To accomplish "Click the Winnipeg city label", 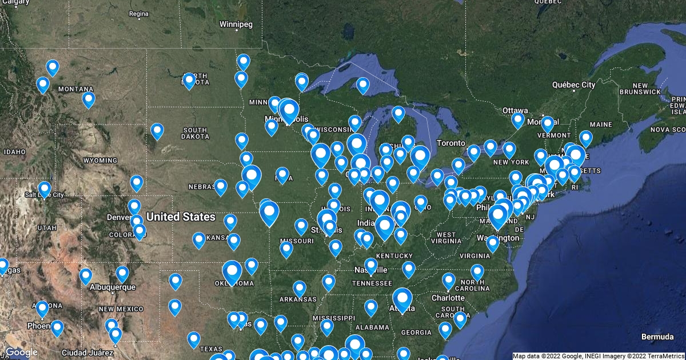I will (x=236, y=24).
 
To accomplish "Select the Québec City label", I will (x=573, y=85).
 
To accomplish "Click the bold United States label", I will (x=181, y=217).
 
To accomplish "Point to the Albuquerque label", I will (x=113, y=287).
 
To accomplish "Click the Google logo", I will (x=21, y=353).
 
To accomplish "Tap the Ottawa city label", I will (x=514, y=110).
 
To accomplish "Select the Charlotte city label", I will (x=448, y=298).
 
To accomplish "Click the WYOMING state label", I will (x=100, y=161).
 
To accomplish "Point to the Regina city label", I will (x=139, y=14).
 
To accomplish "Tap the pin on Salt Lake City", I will (x=45, y=189).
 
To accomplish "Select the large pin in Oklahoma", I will (x=232, y=271).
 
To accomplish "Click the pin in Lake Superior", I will (x=363, y=85).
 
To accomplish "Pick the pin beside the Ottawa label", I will (x=518, y=120).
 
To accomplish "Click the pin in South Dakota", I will (x=157, y=131).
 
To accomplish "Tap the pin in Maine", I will (x=586, y=138).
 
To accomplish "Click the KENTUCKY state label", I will (x=394, y=255).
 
